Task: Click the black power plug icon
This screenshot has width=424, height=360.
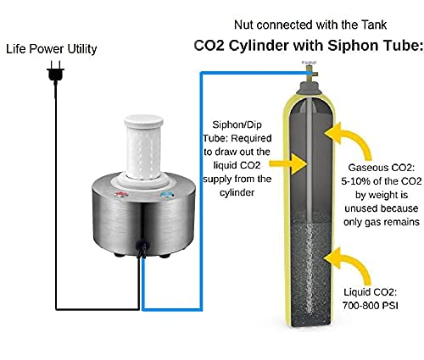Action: coord(55,71)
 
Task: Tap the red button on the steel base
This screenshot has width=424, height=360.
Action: coord(120,194)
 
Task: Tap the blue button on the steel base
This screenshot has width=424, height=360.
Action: coord(166,195)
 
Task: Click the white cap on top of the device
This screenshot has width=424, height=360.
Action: coord(143,121)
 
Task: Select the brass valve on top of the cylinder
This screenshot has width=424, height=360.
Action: coord(310,71)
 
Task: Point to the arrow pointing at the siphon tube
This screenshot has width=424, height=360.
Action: coord(287,163)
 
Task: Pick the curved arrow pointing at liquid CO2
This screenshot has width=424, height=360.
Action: coord(350,264)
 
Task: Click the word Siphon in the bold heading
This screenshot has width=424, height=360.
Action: coord(349,46)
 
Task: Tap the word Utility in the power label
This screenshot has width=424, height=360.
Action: coord(82,49)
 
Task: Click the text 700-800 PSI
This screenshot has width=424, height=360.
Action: coord(370,306)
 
